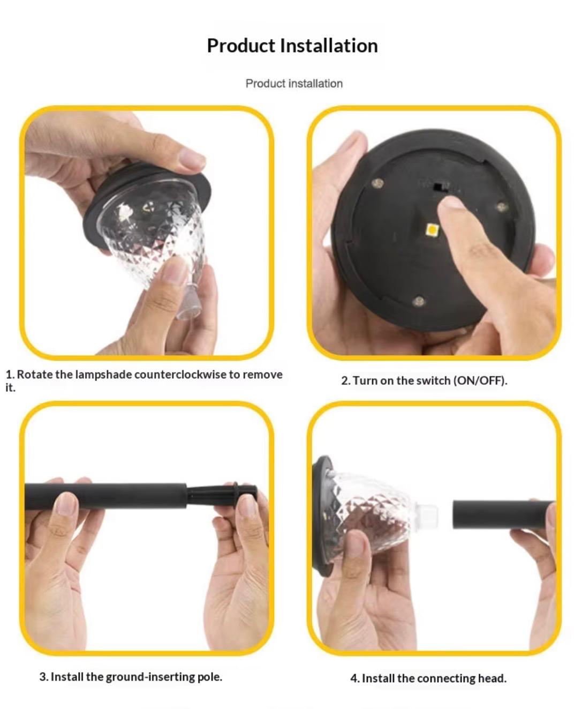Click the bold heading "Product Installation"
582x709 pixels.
(292, 46)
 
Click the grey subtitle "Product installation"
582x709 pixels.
(294, 84)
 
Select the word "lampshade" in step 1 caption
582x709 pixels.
(103, 375)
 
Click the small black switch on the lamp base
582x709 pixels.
(437, 186)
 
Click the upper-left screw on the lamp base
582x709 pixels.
(379, 183)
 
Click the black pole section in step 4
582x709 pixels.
(502, 514)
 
